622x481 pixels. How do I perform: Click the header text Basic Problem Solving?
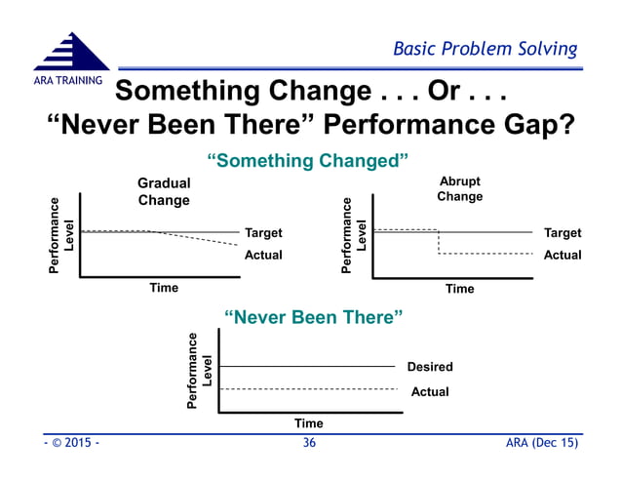click(485, 49)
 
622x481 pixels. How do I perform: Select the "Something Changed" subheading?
click(307, 159)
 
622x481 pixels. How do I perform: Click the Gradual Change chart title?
click(164, 191)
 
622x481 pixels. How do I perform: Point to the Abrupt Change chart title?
click(459, 188)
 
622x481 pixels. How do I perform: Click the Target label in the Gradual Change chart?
click(263, 233)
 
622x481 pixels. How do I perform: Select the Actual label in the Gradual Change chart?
click(263, 255)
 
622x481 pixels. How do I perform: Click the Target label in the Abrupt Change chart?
click(562, 233)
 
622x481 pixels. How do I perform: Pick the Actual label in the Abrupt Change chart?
click(562, 255)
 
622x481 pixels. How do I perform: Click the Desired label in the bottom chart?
click(430, 367)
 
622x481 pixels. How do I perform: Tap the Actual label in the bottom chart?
click(430, 391)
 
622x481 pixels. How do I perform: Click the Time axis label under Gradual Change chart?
click(164, 288)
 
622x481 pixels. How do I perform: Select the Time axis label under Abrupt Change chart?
click(459, 289)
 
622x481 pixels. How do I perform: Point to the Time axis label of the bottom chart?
click(309, 423)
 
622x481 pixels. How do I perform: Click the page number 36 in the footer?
click(309, 444)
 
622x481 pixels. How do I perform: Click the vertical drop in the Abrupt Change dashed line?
click(439, 242)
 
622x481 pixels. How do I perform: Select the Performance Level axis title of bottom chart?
click(199, 370)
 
